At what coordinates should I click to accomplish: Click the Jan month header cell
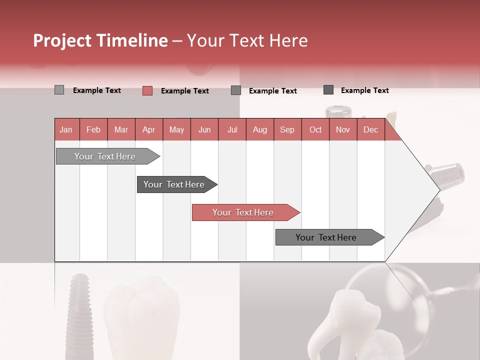click(66, 129)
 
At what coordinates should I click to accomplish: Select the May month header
click(176, 129)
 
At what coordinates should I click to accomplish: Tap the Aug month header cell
click(259, 129)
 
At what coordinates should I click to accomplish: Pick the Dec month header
click(370, 129)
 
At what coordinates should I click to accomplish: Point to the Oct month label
click(315, 129)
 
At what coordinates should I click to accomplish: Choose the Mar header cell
click(121, 129)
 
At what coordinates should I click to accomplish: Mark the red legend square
click(147, 90)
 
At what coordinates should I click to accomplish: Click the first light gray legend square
click(59, 90)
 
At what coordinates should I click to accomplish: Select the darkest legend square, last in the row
click(328, 90)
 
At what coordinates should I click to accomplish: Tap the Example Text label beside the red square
click(184, 91)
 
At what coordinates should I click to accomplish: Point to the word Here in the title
click(288, 40)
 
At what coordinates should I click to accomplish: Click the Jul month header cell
click(232, 129)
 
